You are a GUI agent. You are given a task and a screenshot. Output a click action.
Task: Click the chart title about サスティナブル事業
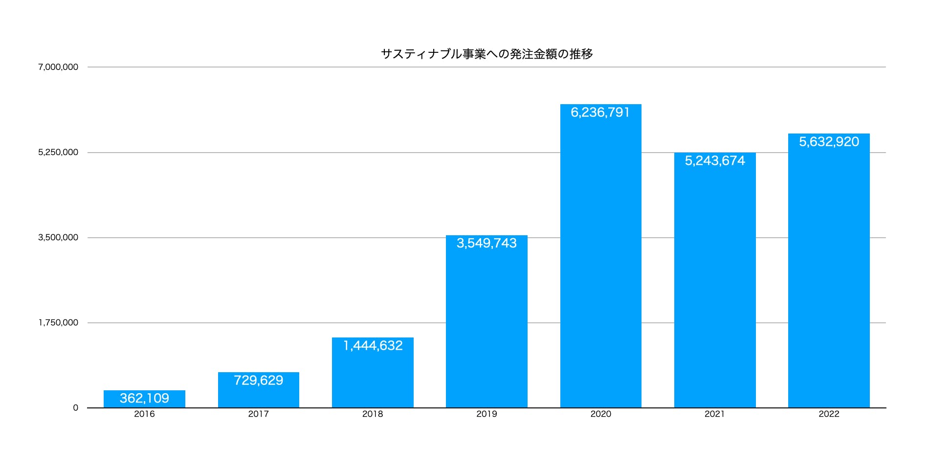click(x=487, y=54)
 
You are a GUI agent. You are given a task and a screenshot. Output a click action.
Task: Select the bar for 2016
click(x=144, y=399)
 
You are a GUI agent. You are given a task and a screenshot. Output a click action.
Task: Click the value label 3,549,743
click(x=487, y=243)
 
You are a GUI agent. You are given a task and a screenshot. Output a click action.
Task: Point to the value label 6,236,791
click(x=600, y=112)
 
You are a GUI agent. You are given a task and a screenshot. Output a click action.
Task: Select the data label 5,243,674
click(x=715, y=161)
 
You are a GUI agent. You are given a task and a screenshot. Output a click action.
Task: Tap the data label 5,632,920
click(x=829, y=142)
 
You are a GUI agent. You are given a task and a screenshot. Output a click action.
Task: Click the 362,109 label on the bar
click(x=144, y=398)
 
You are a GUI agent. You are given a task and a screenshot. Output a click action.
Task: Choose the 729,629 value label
click(x=258, y=380)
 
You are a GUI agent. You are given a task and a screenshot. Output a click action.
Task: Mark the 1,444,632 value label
click(x=373, y=346)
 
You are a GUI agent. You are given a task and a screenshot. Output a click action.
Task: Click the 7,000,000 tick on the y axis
click(x=58, y=67)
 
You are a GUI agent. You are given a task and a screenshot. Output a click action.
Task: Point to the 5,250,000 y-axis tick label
click(x=58, y=152)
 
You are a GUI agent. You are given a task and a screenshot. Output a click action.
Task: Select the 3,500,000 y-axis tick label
click(x=58, y=237)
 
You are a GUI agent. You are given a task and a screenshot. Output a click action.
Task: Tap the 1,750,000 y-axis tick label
click(x=58, y=322)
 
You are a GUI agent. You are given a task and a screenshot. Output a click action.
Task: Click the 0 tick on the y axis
click(x=75, y=407)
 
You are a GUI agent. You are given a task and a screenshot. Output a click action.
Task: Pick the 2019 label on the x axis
click(x=487, y=414)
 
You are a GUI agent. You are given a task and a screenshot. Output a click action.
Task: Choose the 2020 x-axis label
click(x=600, y=414)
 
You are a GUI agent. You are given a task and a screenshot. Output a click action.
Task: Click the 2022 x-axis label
click(x=829, y=414)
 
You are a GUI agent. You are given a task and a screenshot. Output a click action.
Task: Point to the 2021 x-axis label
click(x=714, y=414)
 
